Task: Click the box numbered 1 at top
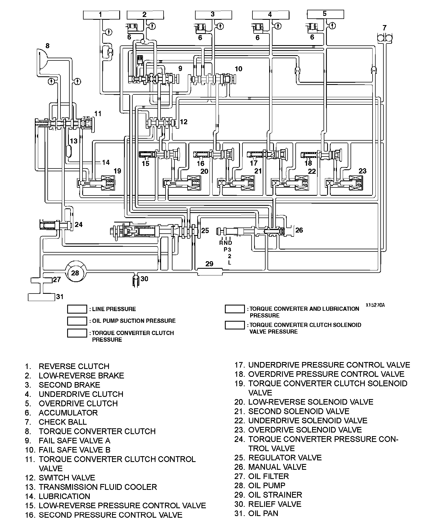click(101, 15)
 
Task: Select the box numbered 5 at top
click(325, 14)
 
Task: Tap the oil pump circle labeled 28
click(76, 273)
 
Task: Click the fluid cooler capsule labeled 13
click(69, 151)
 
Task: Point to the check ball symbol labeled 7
click(385, 37)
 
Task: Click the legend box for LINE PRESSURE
click(77, 309)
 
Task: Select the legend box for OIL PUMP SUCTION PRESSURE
click(77, 321)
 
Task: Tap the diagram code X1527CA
click(375, 305)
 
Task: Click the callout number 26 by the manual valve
click(299, 230)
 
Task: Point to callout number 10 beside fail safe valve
click(239, 69)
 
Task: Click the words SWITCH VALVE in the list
click(67, 478)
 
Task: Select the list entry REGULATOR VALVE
click(285, 458)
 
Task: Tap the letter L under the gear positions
click(229, 262)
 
